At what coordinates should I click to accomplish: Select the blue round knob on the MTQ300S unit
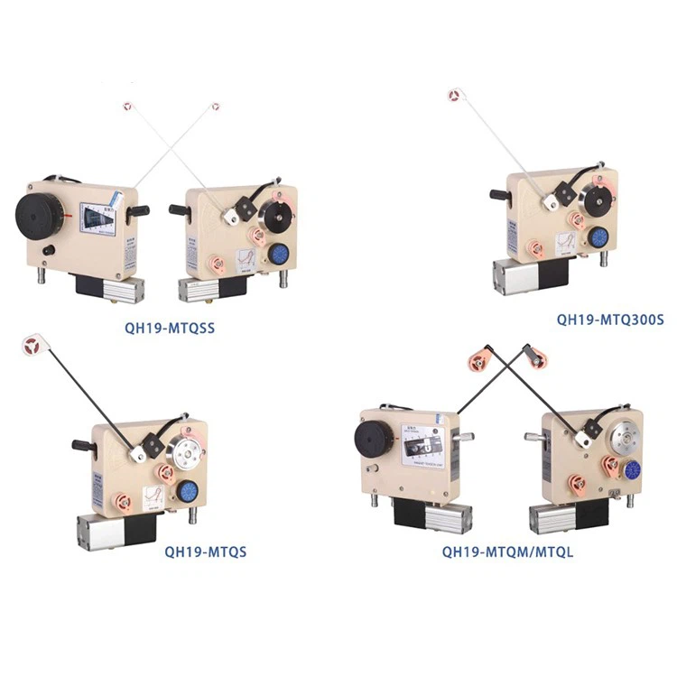(x=597, y=238)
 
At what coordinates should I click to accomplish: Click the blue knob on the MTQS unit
(x=188, y=491)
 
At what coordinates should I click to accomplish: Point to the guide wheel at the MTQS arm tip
(x=33, y=347)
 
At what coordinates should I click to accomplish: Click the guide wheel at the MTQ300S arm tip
(x=455, y=94)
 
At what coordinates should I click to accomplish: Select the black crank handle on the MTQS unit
(x=83, y=446)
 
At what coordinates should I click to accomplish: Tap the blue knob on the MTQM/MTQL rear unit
(x=632, y=468)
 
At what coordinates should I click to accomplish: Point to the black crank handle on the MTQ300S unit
(x=500, y=193)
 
